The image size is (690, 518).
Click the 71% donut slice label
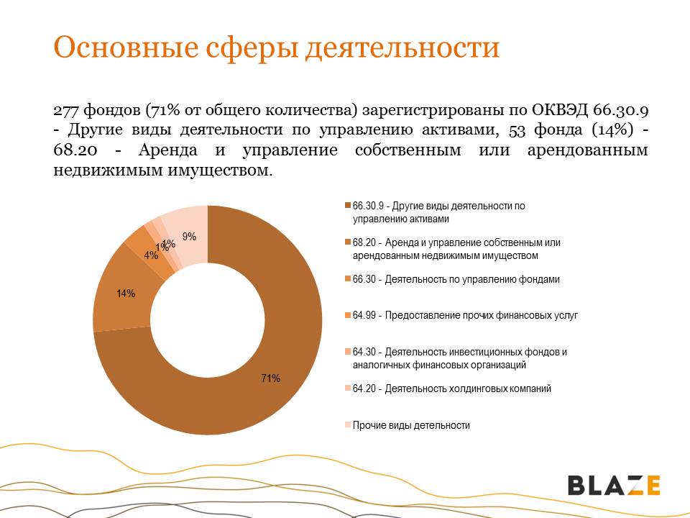point(270,378)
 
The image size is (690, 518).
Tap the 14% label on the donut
point(126,294)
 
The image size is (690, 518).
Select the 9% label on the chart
point(189,236)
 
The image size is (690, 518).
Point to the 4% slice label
point(150,255)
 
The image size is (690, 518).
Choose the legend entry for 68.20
point(456,249)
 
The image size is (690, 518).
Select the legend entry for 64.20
point(452,388)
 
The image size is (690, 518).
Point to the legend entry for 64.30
point(460,358)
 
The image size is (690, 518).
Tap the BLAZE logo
point(614,485)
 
